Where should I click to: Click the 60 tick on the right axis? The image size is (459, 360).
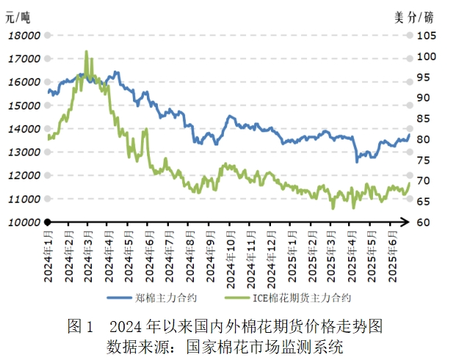click(x=424, y=223)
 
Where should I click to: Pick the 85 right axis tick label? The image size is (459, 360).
click(x=424, y=119)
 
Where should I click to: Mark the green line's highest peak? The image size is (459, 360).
click(x=86, y=51)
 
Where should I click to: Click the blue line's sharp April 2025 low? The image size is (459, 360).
click(x=357, y=161)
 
